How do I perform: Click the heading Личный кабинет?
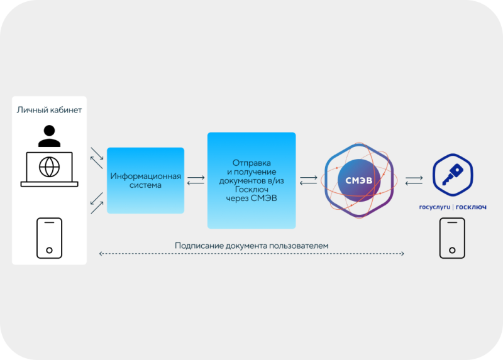click(49, 110)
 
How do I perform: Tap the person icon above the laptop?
click(49, 135)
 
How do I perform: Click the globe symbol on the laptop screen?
click(49, 167)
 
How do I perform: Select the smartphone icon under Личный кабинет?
click(49, 237)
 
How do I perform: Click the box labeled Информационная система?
click(145, 180)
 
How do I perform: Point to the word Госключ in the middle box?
click(251, 189)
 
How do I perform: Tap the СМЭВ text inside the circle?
click(359, 181)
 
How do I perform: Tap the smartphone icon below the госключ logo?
click(452, 237)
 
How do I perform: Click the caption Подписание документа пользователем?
click(251, 244)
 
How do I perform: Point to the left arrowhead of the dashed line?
click(101, 254)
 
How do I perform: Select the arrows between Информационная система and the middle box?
click(196, 180)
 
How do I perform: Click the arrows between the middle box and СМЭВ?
click(308, 180)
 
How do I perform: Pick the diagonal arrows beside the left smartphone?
click(96, 202)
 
